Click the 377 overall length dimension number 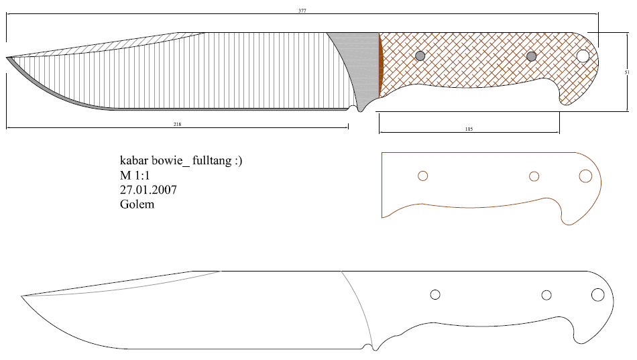tap(302, 11)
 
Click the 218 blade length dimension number tap(177, 124)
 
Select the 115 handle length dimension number tap(469, 129)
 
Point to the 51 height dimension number tap(626, 72)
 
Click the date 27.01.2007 tap(148, 190)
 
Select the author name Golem tap(137, 204)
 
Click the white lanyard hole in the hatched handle tap(582, 56)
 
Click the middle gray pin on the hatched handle tap(532, 56)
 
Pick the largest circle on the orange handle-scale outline tap(585, 176)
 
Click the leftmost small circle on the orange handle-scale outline tap(422, 176)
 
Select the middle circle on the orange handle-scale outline tap(534, 176)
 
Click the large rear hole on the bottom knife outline tap(597, 295)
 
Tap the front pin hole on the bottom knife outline tap(435, 294)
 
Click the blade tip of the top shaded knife tap(8, 58)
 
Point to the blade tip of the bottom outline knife tap(22, 295)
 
